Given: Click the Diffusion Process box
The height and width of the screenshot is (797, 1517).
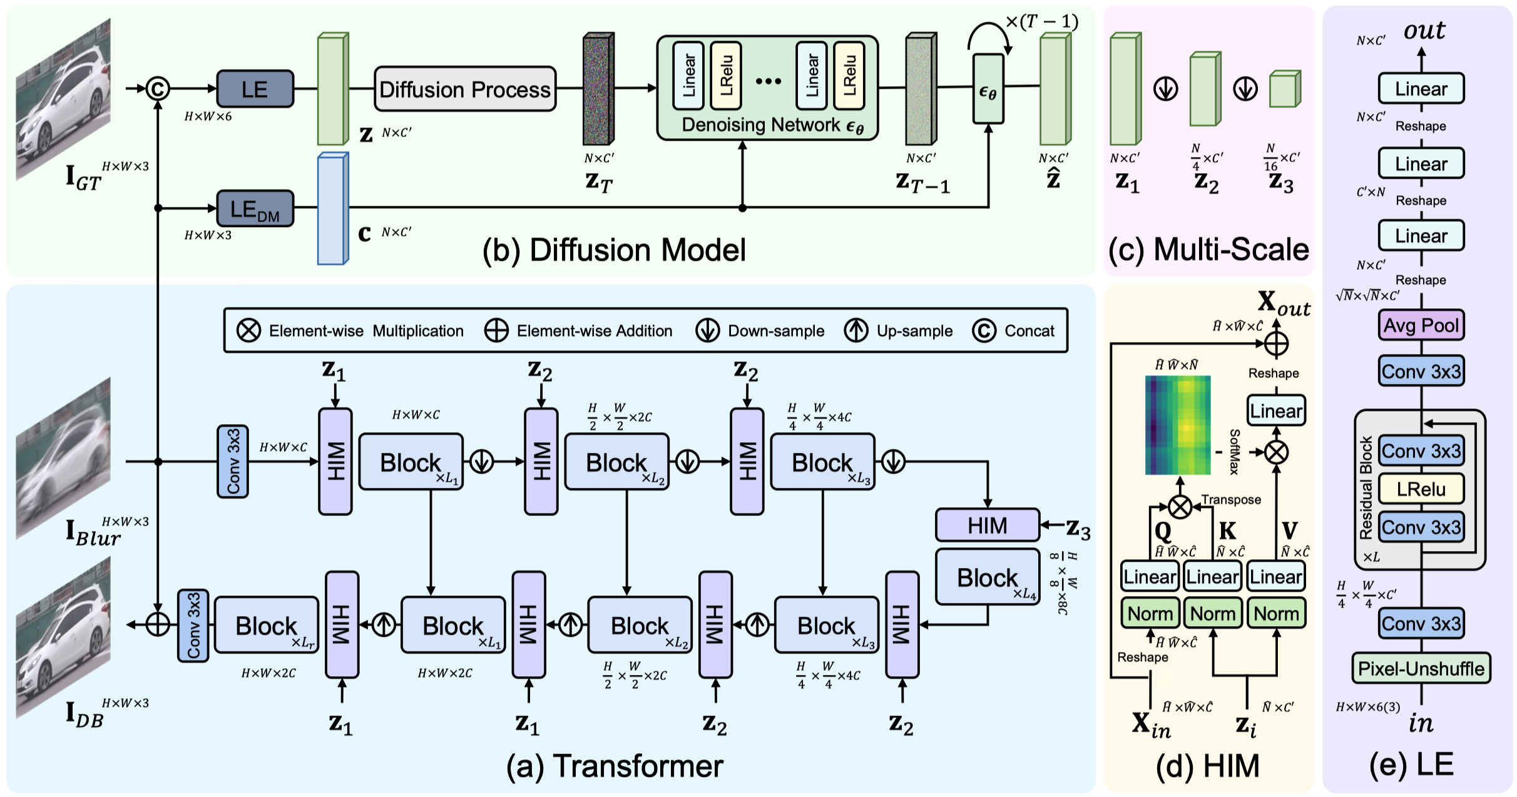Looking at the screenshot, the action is pyautogui.click(x=465, y=89).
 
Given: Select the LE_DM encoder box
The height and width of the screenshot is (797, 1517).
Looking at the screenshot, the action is pyautogui.click(x=255, y=208).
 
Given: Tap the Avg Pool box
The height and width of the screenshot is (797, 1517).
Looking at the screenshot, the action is pyautogui.click(x=1421, y=325).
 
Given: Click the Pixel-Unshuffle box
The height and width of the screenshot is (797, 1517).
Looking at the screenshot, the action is pyautogui.click(x=1421, y=669).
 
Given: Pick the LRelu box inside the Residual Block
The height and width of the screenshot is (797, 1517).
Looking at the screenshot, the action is pyautogui.click(x=1421, y=489).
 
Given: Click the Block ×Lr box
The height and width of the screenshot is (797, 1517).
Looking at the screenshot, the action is pyautogui.click(x=267, y=625).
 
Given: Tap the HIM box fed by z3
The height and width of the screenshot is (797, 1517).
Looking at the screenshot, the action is pyautogui.click(x=988, y=525).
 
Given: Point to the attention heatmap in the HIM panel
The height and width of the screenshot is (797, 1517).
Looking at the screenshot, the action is pyautogui.click(x=1178, y=425).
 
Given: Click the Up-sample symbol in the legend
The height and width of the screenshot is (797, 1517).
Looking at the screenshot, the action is pyautogui.click(x=856, y=330).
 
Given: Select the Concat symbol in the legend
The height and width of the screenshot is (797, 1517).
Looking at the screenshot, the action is pyautogui.click(x=984, y=330).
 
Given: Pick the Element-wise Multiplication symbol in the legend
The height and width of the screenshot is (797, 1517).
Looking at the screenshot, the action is pyautogui.click(x=248, y=330).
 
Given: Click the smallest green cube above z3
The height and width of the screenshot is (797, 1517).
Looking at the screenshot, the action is pyautogui.click(x=1285, y=89).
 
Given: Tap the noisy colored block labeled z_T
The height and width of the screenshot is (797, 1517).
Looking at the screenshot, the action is pyautogui.click(x=598, y=89).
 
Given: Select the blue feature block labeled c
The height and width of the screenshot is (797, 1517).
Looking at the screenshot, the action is pyautogui.click(x=333, y=208).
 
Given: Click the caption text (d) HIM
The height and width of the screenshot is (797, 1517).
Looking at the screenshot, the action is pyautogui.click(x=1207, y=766).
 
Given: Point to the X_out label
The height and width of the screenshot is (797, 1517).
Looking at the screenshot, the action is pyautogui.click(x=1284, y=304).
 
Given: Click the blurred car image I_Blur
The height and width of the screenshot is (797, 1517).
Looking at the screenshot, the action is pyautogui.click(x=63, y=458).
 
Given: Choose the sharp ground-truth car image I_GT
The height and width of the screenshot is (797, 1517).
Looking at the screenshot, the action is pyautogui.click(x=63, y=99).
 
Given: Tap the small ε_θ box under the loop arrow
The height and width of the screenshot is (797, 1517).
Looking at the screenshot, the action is pyautogui.click(x=988, y=89).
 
